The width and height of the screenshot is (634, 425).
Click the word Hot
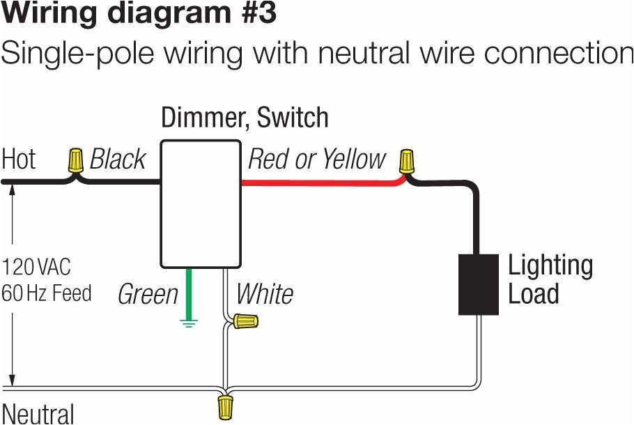point(19,160)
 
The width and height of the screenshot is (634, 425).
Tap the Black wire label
point(118,160)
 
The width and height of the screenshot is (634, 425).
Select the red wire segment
point(320,183)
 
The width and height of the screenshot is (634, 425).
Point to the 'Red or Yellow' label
point(316,160)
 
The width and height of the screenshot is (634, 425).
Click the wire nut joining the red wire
point(406,162)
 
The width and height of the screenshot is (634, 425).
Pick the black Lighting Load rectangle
point(478,284)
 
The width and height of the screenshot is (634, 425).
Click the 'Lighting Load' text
point(550,279)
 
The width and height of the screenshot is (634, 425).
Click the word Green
point(148,294)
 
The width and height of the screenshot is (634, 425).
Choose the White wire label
point(264,294)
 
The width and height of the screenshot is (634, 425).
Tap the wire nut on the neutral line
point(225,407)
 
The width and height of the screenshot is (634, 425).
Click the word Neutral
point(38,412)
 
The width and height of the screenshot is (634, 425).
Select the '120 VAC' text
point(36,266)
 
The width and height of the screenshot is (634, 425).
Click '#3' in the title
point(252,13)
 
